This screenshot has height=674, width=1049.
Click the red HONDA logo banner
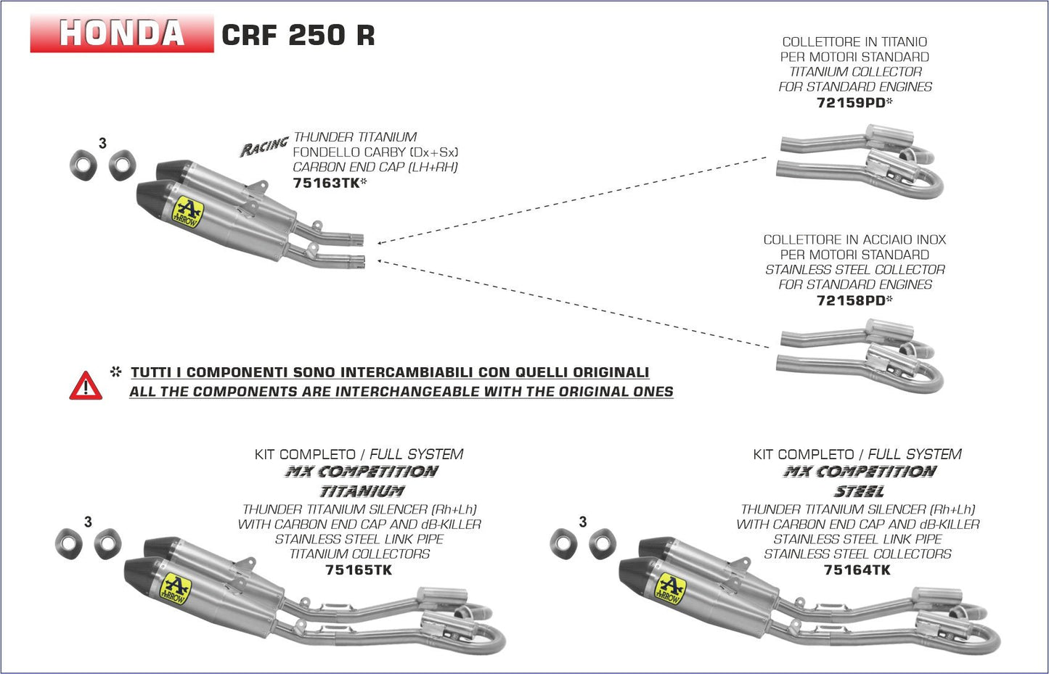(121, 33)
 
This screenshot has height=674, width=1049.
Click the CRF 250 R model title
(298, 35)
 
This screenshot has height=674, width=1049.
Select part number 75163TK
(327, 183)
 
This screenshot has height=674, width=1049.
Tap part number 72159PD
(852, 102)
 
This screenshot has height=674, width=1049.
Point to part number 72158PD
(852, 300)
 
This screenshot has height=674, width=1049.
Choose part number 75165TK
(359, 570)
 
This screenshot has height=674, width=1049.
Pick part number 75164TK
(857, 570)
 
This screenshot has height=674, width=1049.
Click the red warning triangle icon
(86, 386)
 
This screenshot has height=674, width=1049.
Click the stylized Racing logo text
(264, 147)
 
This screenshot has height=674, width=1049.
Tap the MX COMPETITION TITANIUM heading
(361, 481)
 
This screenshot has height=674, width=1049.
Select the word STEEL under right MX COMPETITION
(859, 491)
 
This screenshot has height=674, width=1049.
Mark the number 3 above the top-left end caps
(102, 144)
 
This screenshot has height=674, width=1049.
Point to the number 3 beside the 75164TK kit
(582, 522)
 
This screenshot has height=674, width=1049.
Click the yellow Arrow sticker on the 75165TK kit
(174, 588)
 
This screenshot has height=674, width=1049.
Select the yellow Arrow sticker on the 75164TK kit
(669, 588)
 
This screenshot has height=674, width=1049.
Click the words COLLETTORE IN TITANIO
(854, 42)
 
